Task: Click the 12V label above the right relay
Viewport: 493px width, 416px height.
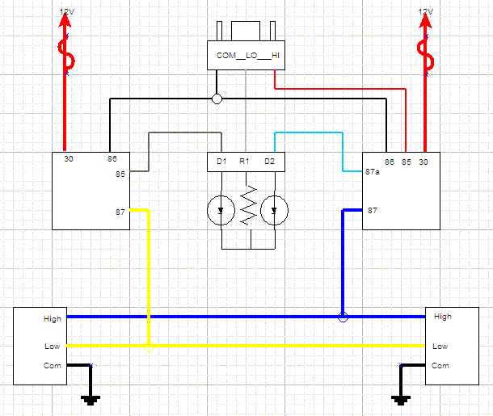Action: tap(425, 11)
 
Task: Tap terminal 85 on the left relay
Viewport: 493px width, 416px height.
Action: tap(120, 173)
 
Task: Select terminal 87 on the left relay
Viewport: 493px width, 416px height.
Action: tap(120, 212)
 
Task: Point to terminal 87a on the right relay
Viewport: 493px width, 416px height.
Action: tap(373, 172)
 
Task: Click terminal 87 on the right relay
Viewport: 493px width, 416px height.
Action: tap(373, 211)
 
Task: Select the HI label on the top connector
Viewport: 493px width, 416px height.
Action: tap(276, 56)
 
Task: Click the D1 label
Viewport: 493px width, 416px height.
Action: tap(221, 162)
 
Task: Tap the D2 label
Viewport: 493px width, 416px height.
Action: tap(269, 162)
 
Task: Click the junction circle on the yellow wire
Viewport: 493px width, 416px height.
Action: tap(148, 346)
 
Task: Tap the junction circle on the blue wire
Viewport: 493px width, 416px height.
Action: tap(343, 317)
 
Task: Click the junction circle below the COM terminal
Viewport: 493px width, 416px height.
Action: tap(217, 99)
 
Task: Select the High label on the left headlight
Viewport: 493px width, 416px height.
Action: tap(52, 319)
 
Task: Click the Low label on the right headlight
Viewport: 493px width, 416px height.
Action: tap(440, 346)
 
